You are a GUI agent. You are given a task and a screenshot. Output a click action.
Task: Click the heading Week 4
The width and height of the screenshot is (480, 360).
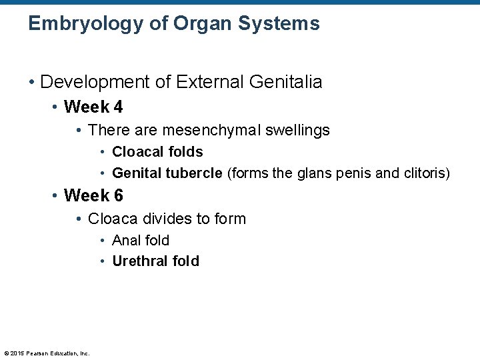coord(93,107)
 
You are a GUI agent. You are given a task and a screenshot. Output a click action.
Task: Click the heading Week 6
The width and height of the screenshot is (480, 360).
coord(93,196)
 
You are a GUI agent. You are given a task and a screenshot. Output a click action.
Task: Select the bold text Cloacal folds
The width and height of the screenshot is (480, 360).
coord(157,152)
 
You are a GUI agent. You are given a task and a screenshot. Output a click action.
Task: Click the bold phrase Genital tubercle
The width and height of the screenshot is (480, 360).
coord(167,173)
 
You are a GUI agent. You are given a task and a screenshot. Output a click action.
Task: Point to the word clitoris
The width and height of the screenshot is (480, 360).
coord(424,173)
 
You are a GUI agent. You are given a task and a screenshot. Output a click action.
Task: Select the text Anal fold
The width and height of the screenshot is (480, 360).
coord(141,240)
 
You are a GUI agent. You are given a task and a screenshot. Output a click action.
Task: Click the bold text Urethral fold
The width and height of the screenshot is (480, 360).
coord(155,261)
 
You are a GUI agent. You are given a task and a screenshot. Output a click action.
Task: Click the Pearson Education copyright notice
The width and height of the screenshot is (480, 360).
coord(47,353)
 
